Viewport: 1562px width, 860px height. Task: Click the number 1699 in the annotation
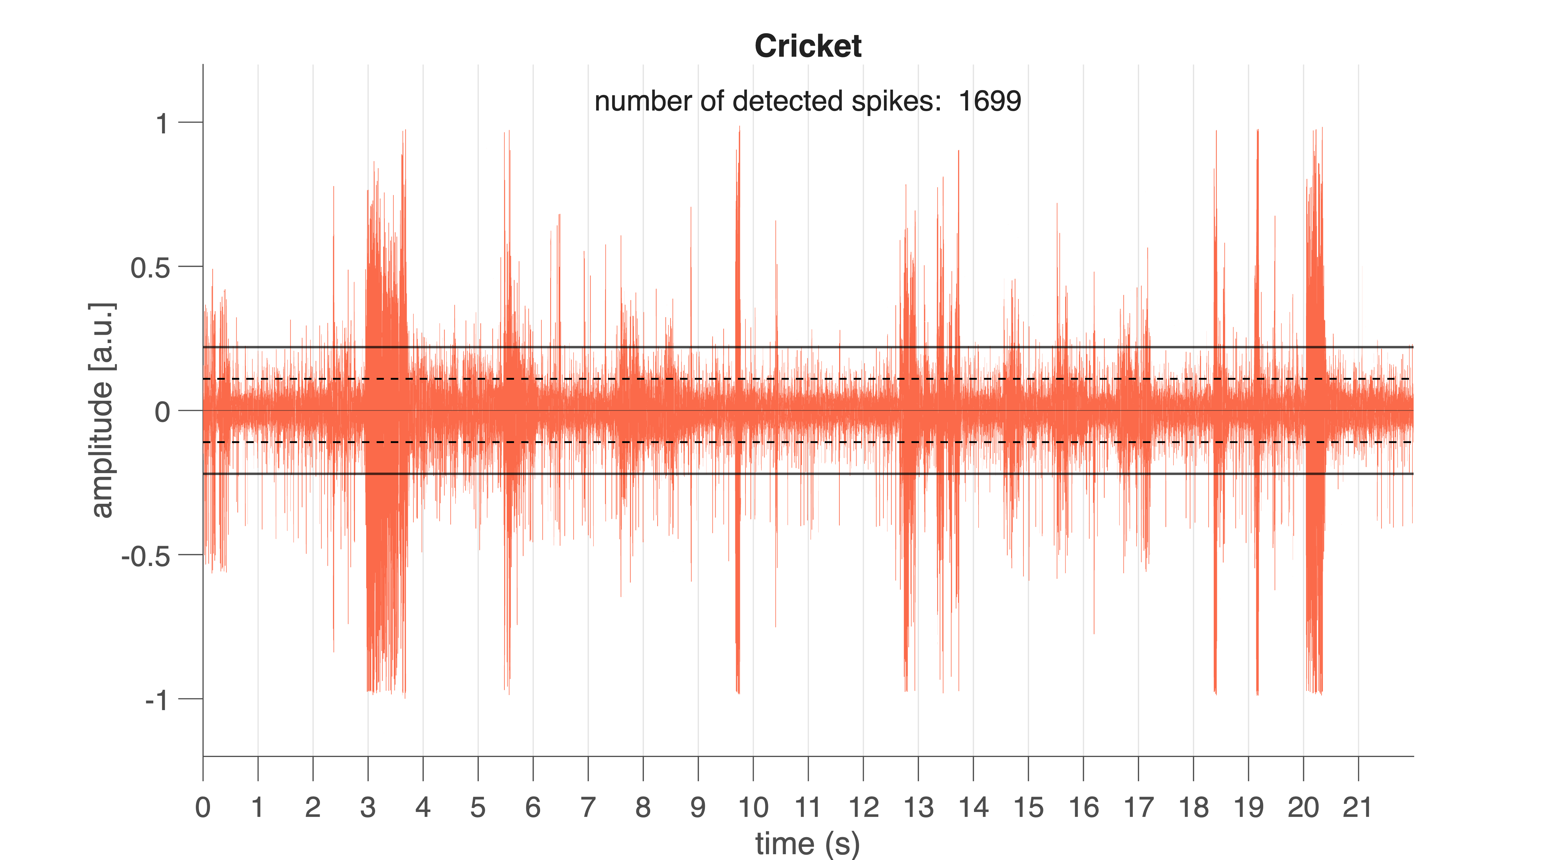[990, 101]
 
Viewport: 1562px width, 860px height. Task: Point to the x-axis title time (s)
[807, 843]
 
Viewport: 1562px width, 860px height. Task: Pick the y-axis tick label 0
[162, 412]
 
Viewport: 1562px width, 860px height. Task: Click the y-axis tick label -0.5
[145, 556]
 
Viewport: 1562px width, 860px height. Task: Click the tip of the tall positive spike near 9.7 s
[739, 127]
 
